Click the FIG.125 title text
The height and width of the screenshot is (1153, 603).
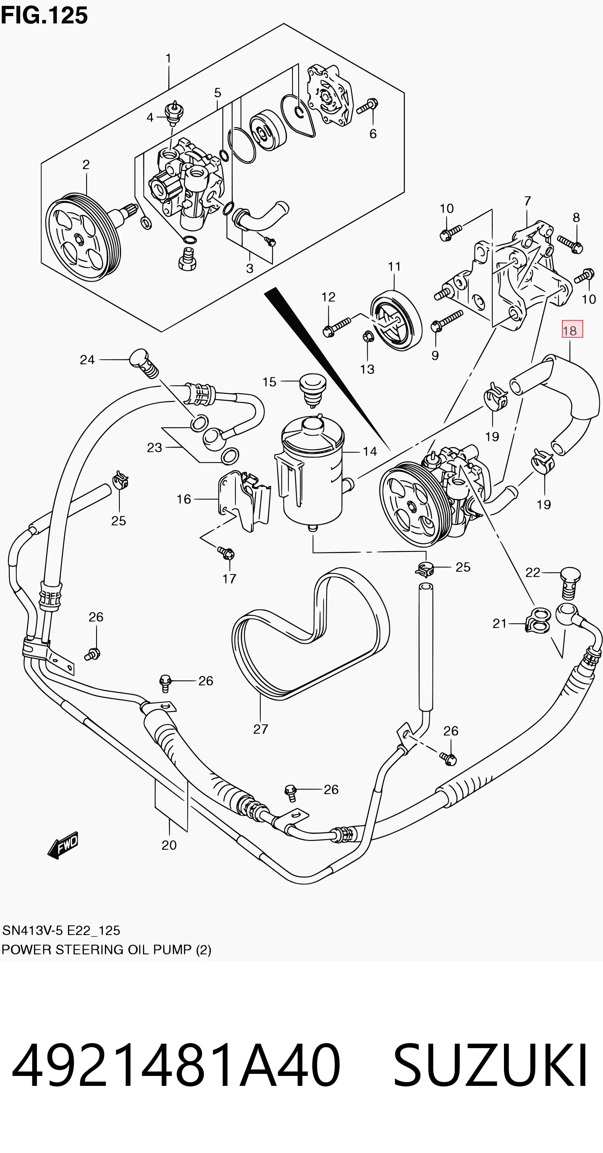tap(44, 15)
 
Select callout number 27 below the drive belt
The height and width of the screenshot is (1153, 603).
tap(260, 729)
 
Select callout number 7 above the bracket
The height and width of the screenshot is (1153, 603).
tap(527, 201)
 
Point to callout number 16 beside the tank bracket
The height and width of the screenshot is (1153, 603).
tap(184, 499)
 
